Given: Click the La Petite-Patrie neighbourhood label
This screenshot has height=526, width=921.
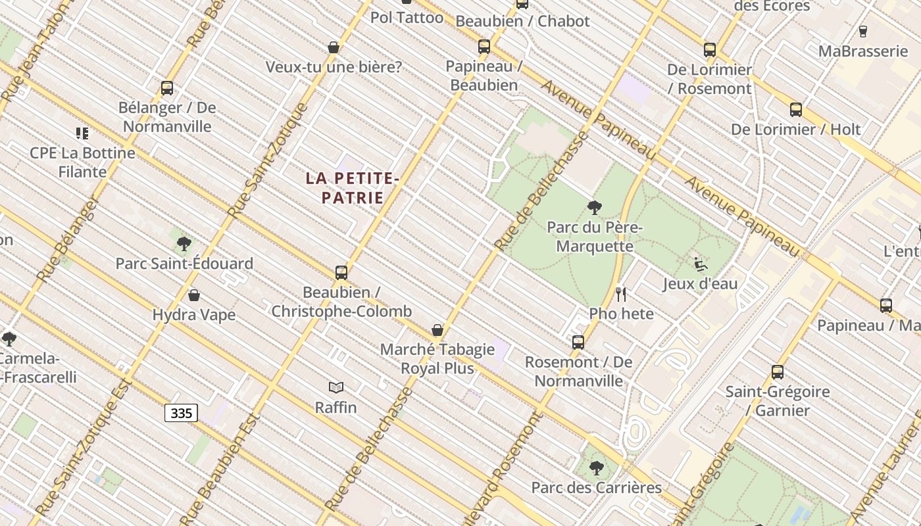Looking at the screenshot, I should pos(353,187).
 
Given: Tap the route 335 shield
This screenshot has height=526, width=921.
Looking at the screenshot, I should pos(181,413).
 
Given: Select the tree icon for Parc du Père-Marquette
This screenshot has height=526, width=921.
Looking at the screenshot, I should pos(594,208).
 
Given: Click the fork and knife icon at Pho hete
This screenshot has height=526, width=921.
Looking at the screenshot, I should pos(620,294).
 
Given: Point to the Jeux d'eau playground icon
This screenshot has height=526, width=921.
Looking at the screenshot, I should pos(701,264).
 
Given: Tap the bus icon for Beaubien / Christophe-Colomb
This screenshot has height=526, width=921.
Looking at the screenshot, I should pos(341,272).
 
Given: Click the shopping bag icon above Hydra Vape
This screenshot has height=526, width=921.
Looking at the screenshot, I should pos(194,296).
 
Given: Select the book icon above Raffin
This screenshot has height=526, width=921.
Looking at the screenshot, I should pos(336,388).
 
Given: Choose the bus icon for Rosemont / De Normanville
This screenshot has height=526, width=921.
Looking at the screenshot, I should pos(578,342).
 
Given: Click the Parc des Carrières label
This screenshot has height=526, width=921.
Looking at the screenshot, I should pos(596,487).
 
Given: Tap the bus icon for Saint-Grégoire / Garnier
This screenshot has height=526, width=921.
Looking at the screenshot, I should pos(778,372).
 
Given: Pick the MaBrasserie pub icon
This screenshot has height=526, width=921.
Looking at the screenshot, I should pos(863,32).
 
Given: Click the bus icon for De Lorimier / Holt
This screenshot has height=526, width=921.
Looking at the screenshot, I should pos(796,110).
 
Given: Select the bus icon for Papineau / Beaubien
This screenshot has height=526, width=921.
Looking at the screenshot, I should pos(484,47).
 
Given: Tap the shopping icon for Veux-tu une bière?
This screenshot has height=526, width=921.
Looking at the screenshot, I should pos(334,47).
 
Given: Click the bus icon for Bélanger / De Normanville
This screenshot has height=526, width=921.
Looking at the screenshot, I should pos(167,88).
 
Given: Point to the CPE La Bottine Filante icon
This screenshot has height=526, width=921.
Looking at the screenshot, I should pos(82,133).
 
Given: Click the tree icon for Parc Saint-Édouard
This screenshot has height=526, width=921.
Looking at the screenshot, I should pos(184,244).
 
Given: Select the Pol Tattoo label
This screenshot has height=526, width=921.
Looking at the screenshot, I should pos(407,18).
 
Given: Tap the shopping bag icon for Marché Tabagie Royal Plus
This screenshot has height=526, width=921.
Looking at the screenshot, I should pos(437,330).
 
